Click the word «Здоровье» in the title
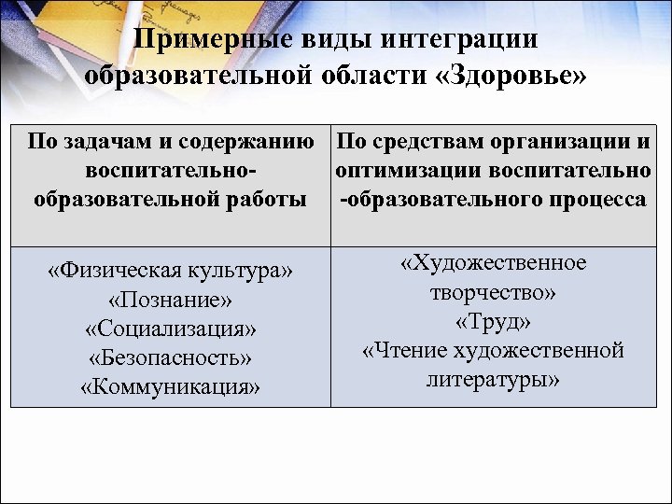[512, 77]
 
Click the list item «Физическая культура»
[170, 272]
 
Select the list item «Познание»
[170, 301]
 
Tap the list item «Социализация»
[170, 329]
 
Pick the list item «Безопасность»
[170, 358]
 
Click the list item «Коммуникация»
[170, 386]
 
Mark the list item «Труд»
[493, 322]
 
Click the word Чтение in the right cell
[406, 351]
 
